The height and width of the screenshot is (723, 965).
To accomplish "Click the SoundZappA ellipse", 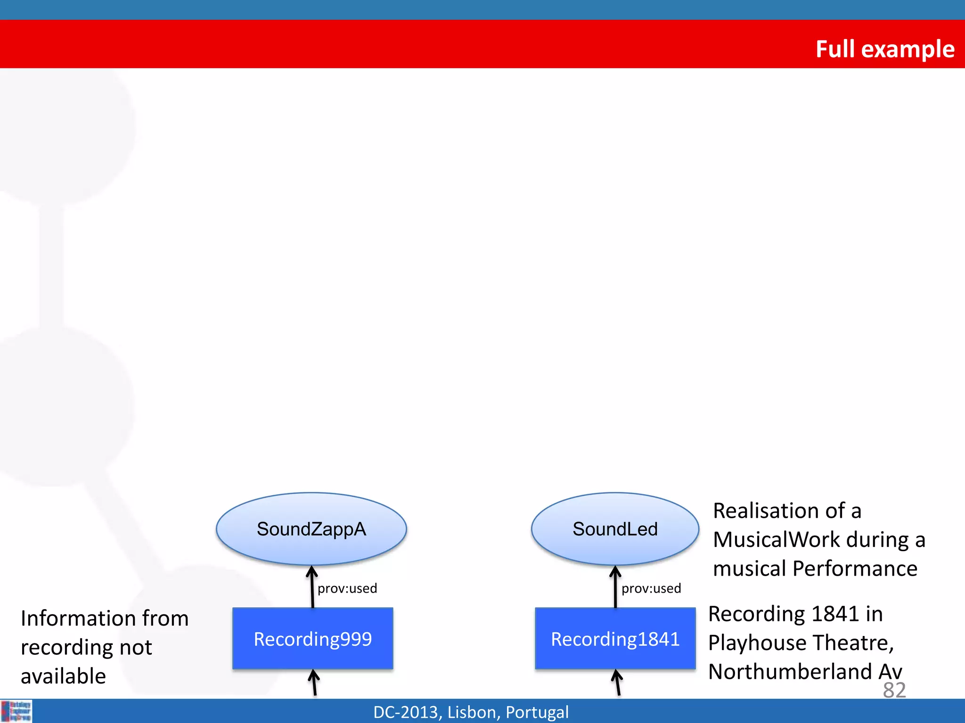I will (311, 529).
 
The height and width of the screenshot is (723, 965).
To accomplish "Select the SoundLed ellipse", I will (615, 529).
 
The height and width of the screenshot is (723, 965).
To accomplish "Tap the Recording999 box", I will (313, 639).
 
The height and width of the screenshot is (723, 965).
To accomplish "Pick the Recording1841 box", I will (615, 639).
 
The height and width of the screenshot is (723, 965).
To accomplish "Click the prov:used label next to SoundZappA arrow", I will (347, 588).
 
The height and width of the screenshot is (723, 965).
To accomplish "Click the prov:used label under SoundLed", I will (651, 588).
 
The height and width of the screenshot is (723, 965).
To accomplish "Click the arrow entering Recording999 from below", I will (314, 683).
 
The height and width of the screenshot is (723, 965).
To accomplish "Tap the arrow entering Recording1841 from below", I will (617, 683).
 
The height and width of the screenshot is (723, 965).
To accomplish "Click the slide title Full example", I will (884, 49).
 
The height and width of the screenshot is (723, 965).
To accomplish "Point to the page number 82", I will (894, 690).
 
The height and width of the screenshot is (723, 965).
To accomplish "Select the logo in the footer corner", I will (16, 711).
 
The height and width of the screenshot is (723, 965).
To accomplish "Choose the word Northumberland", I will (790, 672).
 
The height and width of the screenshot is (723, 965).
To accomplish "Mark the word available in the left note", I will (63, 676).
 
